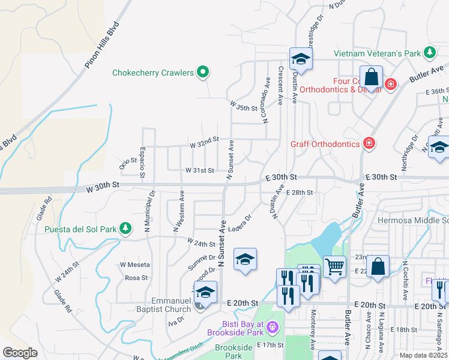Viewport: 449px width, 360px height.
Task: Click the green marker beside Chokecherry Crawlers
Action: pyautogui.click(x=203, y=73)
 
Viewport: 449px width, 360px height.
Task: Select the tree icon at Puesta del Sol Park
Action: pyautogui.click(x=125, y=228)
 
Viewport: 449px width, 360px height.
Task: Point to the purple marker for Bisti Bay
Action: pyautogui.click(x=273, y=327)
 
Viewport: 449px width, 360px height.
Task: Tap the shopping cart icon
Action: pyautogui.click(x=335, y=266)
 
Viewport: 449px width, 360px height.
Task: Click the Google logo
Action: pyautogui.click(x=20, y=353)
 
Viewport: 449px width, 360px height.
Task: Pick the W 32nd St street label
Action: pyautogui.click(x=204, y=145)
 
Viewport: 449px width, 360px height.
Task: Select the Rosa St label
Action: pyautogui.click(x=136, y=278)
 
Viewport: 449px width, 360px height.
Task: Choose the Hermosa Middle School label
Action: pyautogui.click(x=413, y=220)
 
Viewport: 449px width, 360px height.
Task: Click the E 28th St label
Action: pyautogui.click(x=300, y=192)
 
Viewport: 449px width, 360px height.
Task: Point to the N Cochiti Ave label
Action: pyautogui.click(x=405, y=280)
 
